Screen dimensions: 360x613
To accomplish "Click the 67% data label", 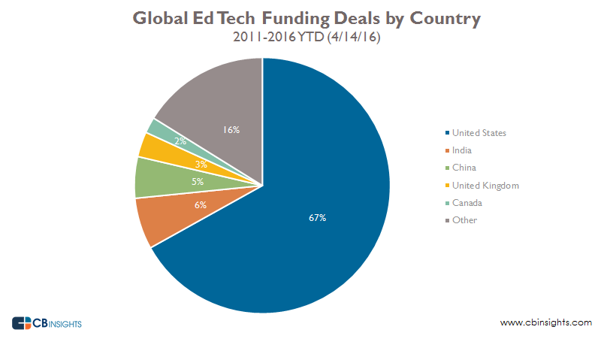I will click(317, 218).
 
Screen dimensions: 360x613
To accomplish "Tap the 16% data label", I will click(231, 130).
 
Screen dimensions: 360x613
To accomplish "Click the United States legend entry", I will click(479, 133).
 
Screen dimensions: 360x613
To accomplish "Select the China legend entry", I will click(464, 168).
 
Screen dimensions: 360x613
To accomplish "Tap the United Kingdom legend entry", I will click(485, 185).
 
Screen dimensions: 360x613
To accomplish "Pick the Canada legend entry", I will click(467, 202).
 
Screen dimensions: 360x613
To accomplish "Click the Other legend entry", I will click(464, 219).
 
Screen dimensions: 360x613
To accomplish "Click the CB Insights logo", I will click(47, 323).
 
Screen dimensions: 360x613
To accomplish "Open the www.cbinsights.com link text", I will click(545, 322).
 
